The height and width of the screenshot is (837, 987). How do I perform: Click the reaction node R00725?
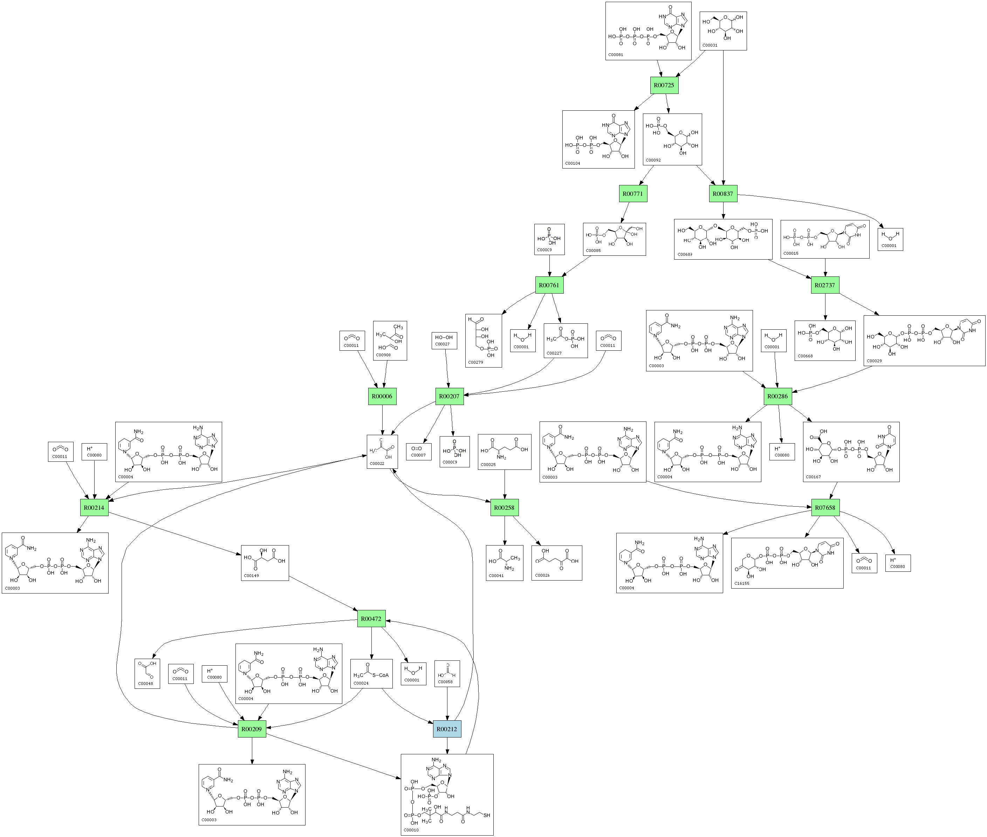pyautogui.click(x=664, y=85)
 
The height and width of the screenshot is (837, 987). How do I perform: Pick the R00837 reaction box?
pyautogui.click(x=723, y=194)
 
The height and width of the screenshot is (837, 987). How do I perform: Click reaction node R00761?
pyautogui.click(x=549, y=285)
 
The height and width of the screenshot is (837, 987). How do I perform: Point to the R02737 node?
pyautogui.click(x=825, y=285)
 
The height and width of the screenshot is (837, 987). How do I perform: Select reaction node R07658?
pyautogui.click(x=825, y=508)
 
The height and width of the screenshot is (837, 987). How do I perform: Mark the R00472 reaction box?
pyautogui.click(x=371, y=619)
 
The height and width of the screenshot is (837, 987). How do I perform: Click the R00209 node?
pyautogui.click(x=252, y=729)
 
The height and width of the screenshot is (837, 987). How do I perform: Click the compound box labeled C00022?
pyautogui.click(x=382, y=452)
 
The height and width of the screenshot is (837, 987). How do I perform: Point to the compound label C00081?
pyautogui.click(x=616, y=55)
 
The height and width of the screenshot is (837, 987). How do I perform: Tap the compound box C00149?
pyautogui.click(x=265, y=563)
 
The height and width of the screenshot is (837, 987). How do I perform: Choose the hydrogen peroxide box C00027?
pyautogui.click(x=444, y=341)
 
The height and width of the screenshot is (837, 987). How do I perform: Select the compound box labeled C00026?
pyautogui.click(x=557, y=563)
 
